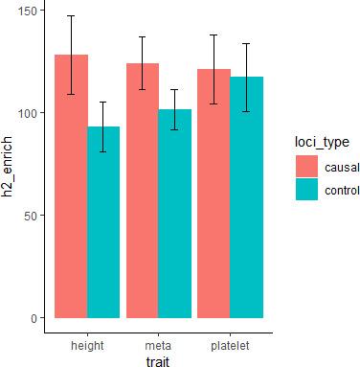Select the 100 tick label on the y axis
tap(26, 113)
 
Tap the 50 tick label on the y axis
tap(30, 216)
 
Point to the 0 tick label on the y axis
tap(33, 318)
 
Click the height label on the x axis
tap(87, 344)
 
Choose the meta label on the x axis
tap(158, 344)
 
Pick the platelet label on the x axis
tap(230, 344)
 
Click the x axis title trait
tap(158, 359)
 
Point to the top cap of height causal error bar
tap(71, 15)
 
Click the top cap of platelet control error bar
tap(246, 43)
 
